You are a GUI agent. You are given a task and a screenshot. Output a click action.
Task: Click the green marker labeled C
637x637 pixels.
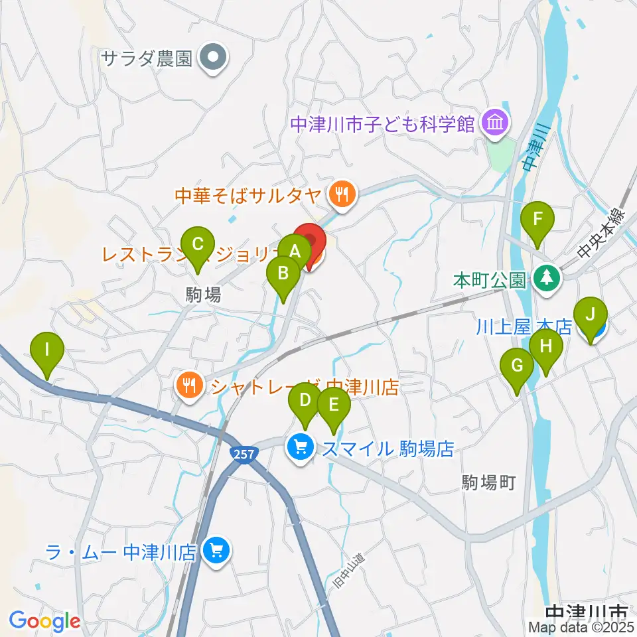(198, 244)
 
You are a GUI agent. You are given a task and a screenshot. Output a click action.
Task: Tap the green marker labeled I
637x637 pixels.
(46, 349)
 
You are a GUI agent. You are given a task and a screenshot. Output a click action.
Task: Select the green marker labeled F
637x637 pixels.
(537, 219)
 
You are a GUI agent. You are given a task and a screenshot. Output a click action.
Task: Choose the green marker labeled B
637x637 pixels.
(283, 273)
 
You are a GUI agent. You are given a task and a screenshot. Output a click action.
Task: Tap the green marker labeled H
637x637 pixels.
(546, 346)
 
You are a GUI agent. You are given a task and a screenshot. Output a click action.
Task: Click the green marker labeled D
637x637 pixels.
(305, 400)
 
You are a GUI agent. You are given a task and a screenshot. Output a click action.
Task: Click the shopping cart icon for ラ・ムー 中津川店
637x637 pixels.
(216, 549)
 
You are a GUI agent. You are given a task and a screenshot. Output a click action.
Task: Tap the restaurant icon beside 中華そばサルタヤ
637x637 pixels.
(342, 194)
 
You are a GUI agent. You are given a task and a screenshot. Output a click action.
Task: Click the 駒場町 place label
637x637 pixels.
(489, 482)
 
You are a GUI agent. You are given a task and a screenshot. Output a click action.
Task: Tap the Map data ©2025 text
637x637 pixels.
(581, 627)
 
